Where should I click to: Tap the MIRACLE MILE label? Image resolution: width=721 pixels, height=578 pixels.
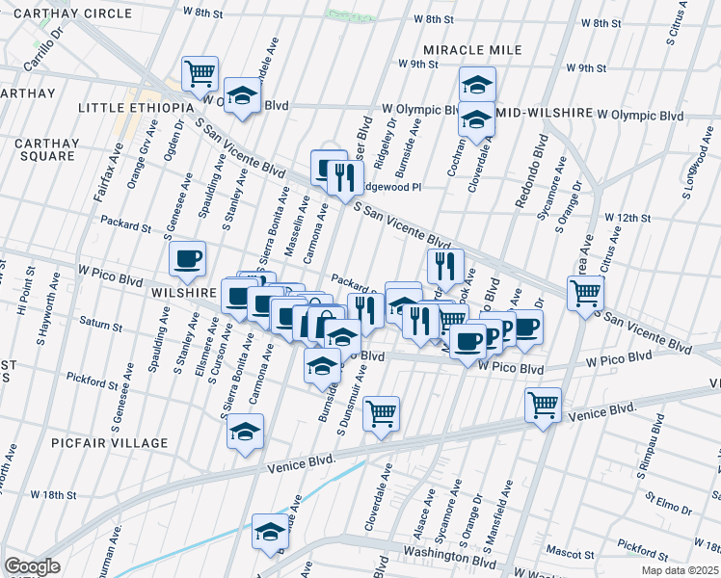[x=472, y=50]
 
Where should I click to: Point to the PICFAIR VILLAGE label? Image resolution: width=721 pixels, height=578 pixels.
[x=112, y=443]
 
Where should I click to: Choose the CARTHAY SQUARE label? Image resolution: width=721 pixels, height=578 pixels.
[x=45, y=149]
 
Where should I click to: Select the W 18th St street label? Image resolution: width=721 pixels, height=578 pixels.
[x=53, y=494]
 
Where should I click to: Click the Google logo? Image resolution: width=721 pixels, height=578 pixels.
[x=32, y=566]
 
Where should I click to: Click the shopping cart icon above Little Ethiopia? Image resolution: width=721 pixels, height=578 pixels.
[x=200, y=71]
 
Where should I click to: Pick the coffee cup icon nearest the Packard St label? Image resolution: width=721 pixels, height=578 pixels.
[x=187, y=257]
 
